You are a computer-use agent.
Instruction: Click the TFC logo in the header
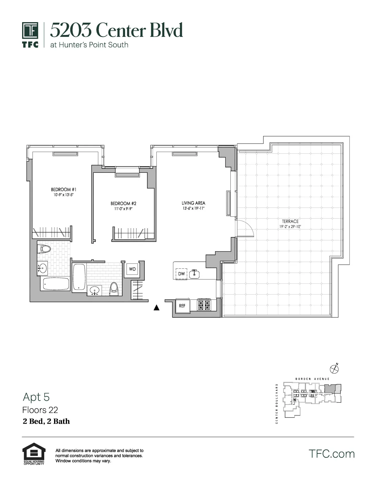[30, 35]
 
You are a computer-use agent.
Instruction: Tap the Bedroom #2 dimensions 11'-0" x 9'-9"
[123, 209]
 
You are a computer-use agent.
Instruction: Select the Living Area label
[193, 203]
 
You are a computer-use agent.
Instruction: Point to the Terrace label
[290, 221]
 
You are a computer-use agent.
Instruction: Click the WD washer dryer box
[132, 269]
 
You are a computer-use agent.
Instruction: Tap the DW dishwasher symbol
[182, 273]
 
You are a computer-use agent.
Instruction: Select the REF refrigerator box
[182, 306]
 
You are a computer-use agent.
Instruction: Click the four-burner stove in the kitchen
[204, 305]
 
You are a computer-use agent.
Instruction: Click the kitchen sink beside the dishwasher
[194, 273]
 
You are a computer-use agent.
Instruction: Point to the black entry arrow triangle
[156, 307]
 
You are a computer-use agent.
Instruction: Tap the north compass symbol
[334, 368]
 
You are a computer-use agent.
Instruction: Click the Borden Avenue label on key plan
[312, 379]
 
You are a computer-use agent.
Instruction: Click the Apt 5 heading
[36, 397]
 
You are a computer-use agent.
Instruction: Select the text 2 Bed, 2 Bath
[46, 421]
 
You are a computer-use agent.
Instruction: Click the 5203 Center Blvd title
[116, 30]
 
